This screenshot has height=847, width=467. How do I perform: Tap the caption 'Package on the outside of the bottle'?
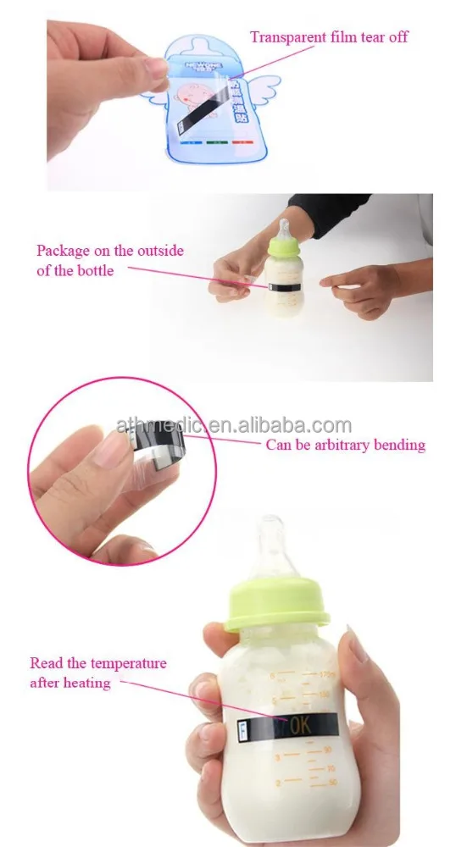(x=109, y=261)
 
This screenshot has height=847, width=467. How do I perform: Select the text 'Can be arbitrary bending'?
(x=346, y=445)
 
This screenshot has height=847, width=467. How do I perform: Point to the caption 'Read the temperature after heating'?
(x=98, y=673)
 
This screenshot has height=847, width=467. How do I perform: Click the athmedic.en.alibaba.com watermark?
(x=234, y=425)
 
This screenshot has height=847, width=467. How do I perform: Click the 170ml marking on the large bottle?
(x=318, y=675)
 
